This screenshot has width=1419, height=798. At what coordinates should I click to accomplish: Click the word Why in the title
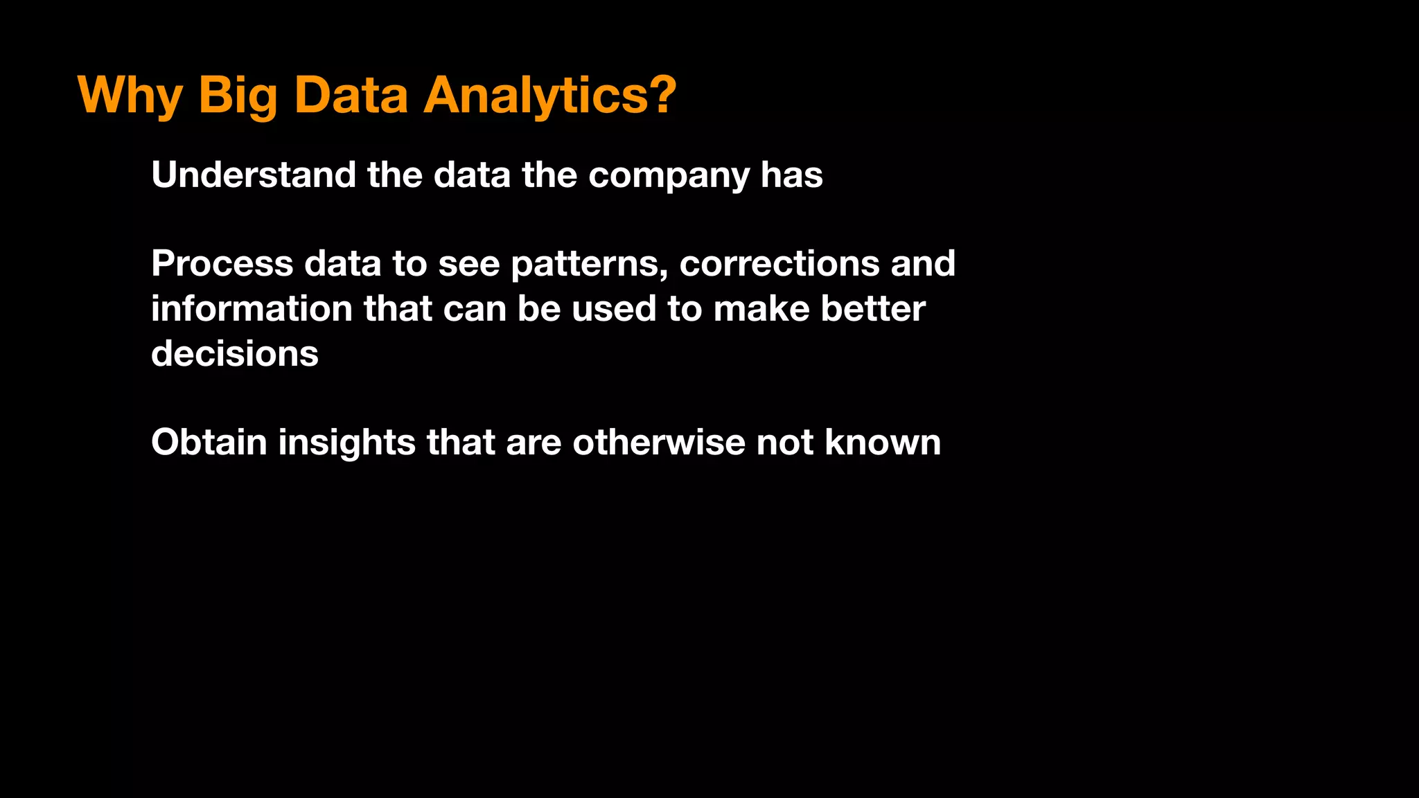point(130,95)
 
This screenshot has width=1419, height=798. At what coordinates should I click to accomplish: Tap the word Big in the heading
point(238,95)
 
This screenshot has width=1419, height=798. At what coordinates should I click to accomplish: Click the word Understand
point(253,175)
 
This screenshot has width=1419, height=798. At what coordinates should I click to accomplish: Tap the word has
point(791,175)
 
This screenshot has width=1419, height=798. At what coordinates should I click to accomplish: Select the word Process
point(222,264)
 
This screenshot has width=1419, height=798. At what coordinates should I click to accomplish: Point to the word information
point(252,309)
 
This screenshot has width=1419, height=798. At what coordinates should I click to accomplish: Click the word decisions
point(235,354)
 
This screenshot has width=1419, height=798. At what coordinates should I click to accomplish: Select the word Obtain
point(209,442)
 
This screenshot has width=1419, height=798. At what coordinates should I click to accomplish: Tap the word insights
point(346,443)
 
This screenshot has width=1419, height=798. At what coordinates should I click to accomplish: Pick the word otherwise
point(658,442)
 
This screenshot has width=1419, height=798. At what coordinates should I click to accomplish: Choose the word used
point(613,309)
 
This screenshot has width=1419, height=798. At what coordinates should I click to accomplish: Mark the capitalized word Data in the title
point(351,95)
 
